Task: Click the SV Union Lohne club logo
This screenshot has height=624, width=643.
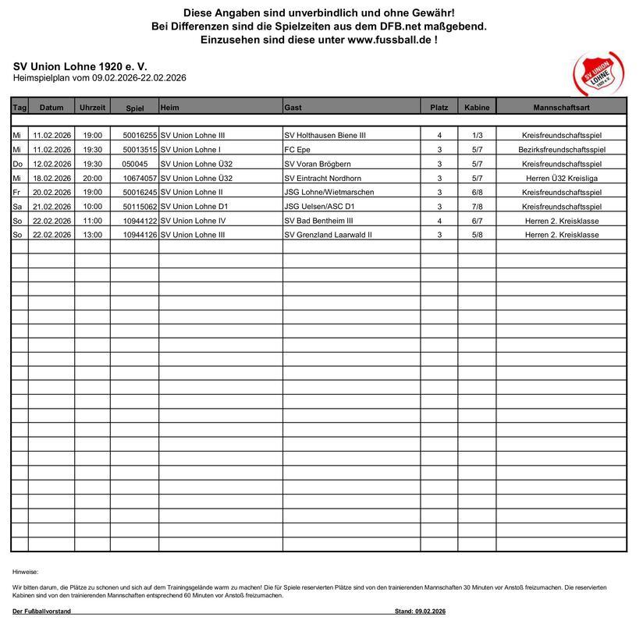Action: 598,75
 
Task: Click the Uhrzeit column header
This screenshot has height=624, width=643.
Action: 92,107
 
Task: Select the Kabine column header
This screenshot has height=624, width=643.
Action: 477,107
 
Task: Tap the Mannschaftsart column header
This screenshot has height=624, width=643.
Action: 561,107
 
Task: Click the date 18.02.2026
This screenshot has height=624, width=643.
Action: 52,178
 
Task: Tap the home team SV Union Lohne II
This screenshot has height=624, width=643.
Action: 191,192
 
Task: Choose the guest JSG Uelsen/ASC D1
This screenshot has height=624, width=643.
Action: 320,206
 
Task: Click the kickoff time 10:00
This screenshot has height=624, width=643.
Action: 92,206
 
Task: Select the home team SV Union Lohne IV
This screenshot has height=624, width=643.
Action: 193,221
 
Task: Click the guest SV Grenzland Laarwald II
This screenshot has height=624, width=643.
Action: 328,235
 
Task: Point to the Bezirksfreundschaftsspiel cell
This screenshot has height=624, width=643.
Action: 561,150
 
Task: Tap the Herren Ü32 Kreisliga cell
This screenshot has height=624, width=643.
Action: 561,178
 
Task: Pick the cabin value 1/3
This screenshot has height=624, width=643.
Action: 477,136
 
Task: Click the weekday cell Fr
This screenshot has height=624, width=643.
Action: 16,192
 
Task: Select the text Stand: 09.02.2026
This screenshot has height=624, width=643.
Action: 420,611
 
